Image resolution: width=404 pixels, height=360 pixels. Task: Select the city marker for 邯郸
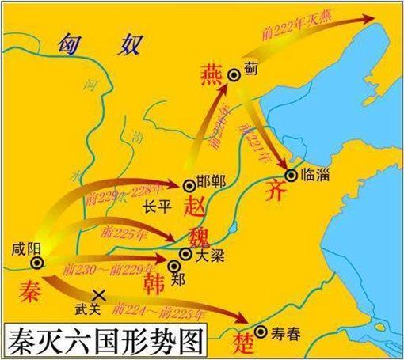tap(189, 185)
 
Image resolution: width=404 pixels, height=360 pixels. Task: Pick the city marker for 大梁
tap(185, 254)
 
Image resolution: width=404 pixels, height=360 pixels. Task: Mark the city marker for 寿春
tap(261, 331)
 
